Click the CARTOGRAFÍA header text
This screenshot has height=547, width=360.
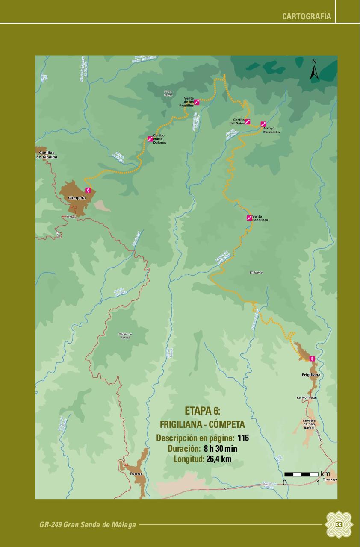(307, 17)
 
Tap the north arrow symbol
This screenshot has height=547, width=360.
(314, 71)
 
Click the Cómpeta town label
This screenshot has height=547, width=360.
(77, 198)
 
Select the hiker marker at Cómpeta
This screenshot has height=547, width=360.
(88, 190)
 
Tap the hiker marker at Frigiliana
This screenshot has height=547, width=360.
(312, 358)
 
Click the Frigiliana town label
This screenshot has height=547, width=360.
(311, 375)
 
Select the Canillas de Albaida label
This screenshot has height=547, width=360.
(47, 155)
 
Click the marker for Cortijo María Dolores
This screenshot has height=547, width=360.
(150, 138)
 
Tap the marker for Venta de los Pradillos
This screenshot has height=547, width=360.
(197, 102)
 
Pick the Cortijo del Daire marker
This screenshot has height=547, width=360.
(247, 121)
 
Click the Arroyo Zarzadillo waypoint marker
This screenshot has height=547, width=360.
(263, 124)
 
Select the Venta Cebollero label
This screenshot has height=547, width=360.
(260, 218)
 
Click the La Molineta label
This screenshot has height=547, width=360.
(306, 397)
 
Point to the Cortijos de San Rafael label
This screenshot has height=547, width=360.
(309, 424)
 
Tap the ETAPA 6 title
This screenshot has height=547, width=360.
(202, 411)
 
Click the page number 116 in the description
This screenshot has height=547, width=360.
(243, 438)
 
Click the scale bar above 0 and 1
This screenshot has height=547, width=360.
(301, 474)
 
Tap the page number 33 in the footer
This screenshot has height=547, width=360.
(339, 525)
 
